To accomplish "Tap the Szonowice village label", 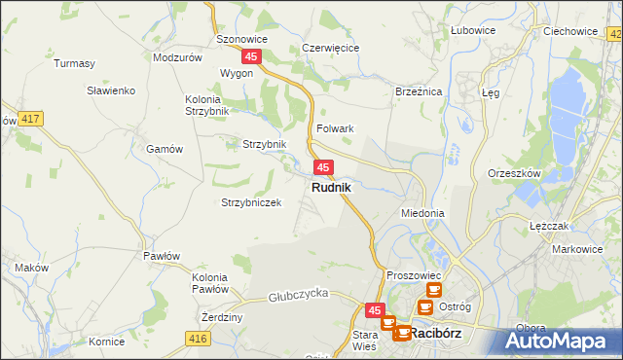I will click(241, 40).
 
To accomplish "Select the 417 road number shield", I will click(31, 119).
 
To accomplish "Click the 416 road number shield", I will click(199, 338).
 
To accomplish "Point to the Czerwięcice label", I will click(331, 47).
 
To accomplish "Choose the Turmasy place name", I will click(74, 63).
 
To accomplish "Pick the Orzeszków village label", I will click(514, 173).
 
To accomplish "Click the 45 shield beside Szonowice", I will click(252, 57).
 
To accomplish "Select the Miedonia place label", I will click(422, 212).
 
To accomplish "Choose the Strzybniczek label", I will click(251, 202).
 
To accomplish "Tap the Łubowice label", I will click(473, 30).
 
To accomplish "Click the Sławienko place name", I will click(110, 90).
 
